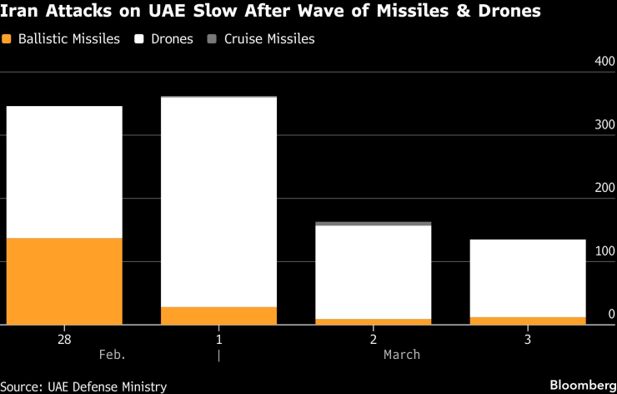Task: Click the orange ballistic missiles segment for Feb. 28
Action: (63, 280)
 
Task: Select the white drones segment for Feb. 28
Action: (63, 172)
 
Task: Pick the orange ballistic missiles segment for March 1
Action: (218, 316)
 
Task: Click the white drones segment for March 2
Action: (373, 272)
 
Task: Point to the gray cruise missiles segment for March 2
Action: (373, 224)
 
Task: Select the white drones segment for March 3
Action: (527, 278)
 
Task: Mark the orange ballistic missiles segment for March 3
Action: (527, 321)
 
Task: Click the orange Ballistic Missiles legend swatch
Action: (8, 39)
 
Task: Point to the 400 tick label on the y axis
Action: (604, 63)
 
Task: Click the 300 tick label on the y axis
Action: (604, 125)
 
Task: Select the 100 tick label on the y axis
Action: (604, 251)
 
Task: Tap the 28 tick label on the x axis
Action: (63, 340)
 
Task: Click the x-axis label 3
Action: (527, 340)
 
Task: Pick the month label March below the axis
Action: (402, 355)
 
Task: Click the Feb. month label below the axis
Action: (112, 355)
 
